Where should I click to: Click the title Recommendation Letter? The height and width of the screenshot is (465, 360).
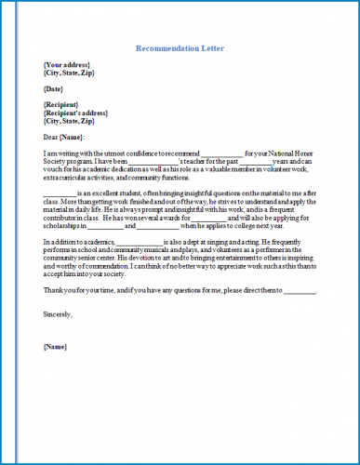tap(180, 47)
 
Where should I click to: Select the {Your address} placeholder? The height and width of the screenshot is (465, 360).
tap(68, 64)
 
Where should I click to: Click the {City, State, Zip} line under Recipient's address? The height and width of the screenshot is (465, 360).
tap(69, 121)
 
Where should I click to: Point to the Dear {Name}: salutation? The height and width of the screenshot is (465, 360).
tap(64, 138)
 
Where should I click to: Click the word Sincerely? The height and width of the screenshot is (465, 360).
tap(58, 312)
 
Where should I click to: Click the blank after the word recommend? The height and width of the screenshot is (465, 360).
tap(221, 154)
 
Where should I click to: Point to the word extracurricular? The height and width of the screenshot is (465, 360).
tap(66, 179)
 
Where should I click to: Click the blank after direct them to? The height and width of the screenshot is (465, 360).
tap(300, 291)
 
